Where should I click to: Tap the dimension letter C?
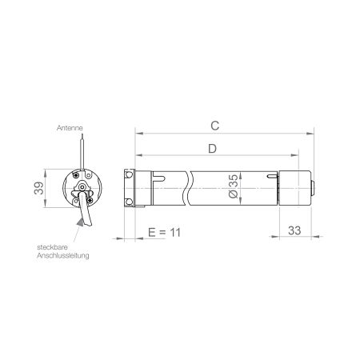[x=214, y=126]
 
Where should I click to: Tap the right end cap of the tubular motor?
[x=297, y=189]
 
